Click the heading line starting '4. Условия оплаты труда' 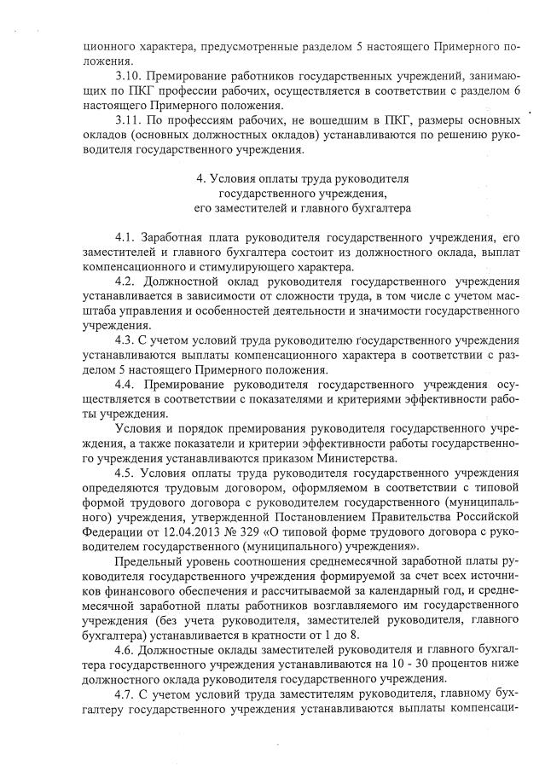(x=303, y=178)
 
